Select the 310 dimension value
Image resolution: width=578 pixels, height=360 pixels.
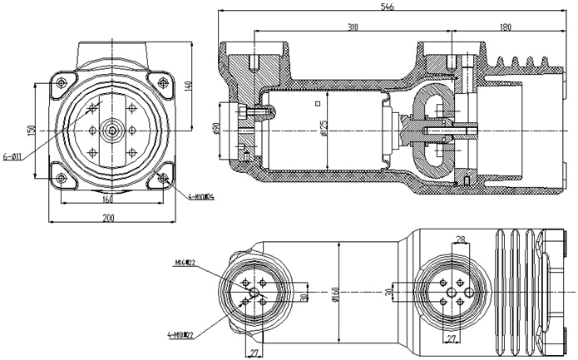[352, 27]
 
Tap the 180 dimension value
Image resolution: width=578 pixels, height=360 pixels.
[506, 27]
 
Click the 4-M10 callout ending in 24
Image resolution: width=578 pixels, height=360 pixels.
[202, 197]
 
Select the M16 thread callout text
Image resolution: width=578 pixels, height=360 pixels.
[185, 263]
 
